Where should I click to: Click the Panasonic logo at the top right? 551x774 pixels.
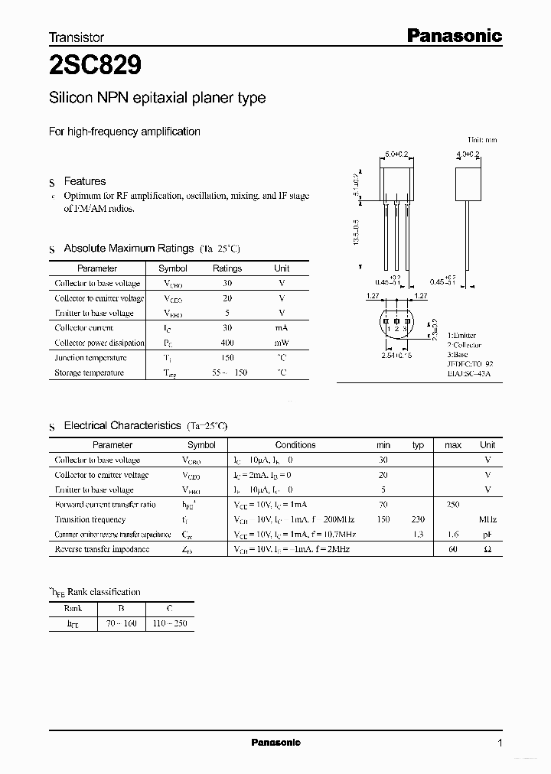tap(453, 35)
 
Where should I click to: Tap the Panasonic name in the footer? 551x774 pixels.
tap(275, 742)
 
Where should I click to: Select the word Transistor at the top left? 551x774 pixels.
tap(77, 37)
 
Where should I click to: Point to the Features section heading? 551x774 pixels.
tap(84, 181)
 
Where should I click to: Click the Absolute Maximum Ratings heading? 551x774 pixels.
tap(128, 249)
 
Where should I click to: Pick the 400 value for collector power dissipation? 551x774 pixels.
tap(227, 343)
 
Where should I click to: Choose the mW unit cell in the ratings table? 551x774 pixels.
tap(282, 343)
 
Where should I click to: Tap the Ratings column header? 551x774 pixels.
tap(227, 268)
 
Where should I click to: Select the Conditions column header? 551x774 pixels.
tap(295, 444)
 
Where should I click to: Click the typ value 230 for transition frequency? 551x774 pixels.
tap(418, 519)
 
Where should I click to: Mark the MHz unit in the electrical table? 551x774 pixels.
tap(487, 519)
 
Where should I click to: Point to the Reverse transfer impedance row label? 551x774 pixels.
tap(102, 549)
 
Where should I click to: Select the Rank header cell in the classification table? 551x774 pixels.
tap(73, 609)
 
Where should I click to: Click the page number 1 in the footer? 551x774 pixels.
tap(500, 743)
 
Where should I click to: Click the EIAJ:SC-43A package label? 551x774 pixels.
tap(469, 372)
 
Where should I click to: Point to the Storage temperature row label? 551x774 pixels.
tap(90, 372)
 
